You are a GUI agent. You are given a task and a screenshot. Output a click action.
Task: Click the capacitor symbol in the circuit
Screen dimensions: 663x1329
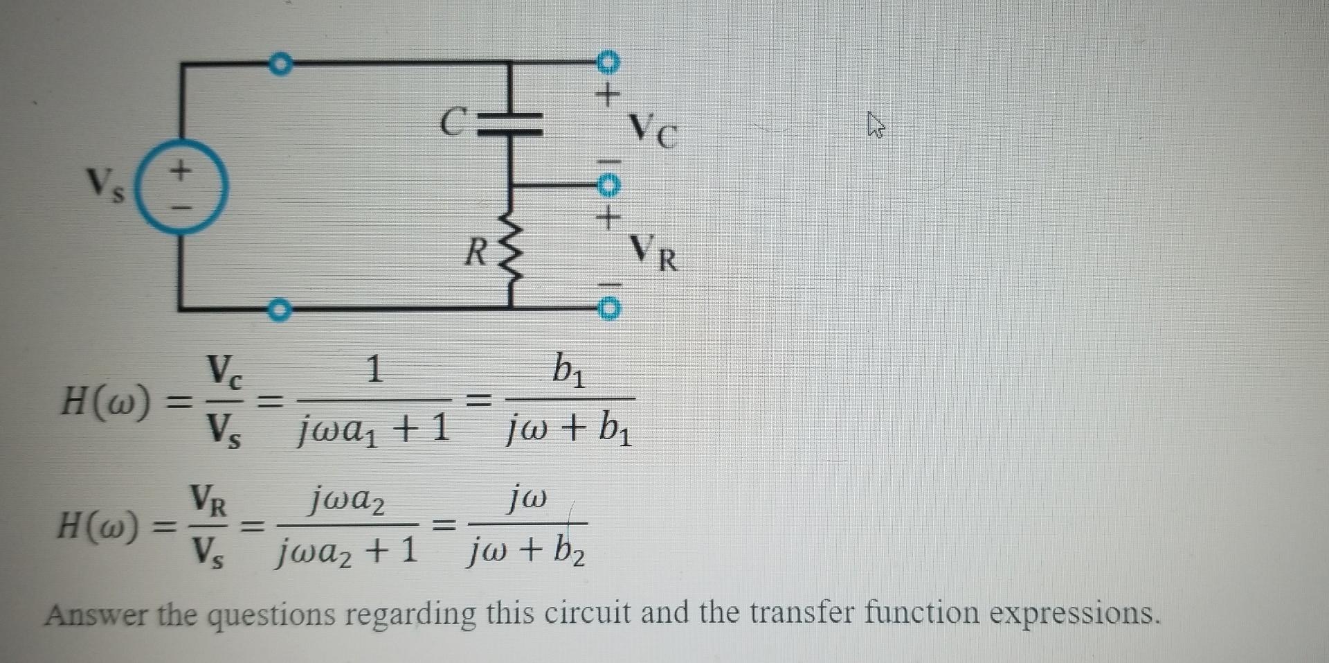[511, 123]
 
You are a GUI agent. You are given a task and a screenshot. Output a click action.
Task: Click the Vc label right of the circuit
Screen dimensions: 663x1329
[653, 130]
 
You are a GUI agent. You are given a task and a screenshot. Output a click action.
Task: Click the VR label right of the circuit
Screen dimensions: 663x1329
[654, 254]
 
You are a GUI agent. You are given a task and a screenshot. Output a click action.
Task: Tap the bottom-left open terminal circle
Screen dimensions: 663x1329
[278, 310]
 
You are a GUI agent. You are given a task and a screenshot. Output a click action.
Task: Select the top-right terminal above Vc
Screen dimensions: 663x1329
[607, 62]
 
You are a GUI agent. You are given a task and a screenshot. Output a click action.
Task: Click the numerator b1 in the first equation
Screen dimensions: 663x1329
[569, 371]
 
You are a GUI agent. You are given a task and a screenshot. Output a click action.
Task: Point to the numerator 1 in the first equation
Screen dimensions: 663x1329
[374, 369]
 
